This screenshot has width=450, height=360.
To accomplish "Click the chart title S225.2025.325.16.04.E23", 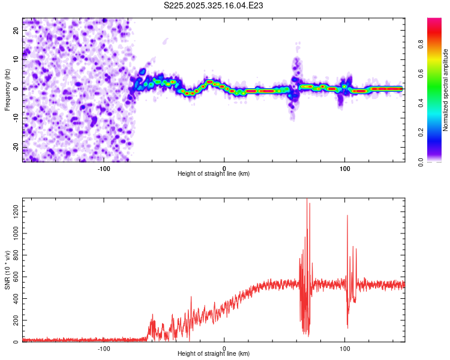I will tap(214, 5).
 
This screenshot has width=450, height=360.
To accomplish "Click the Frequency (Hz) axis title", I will tap(7, 89).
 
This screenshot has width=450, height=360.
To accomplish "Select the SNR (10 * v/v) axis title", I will tap(7, 270).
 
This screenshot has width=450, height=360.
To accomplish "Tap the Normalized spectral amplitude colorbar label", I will tap(446, 90).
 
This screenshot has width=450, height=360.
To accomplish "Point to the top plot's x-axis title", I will tap(214, 173).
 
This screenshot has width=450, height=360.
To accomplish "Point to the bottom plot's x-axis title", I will tap(214, 353).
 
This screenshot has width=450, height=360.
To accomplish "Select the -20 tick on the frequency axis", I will tap(16, 148).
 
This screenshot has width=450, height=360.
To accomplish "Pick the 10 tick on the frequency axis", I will tap(16, 59).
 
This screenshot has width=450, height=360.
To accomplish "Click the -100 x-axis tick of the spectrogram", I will tap(104, 168).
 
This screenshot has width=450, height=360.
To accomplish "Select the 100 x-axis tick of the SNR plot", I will tap(345, 348).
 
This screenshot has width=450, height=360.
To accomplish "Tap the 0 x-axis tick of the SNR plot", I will tap(224, 348).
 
